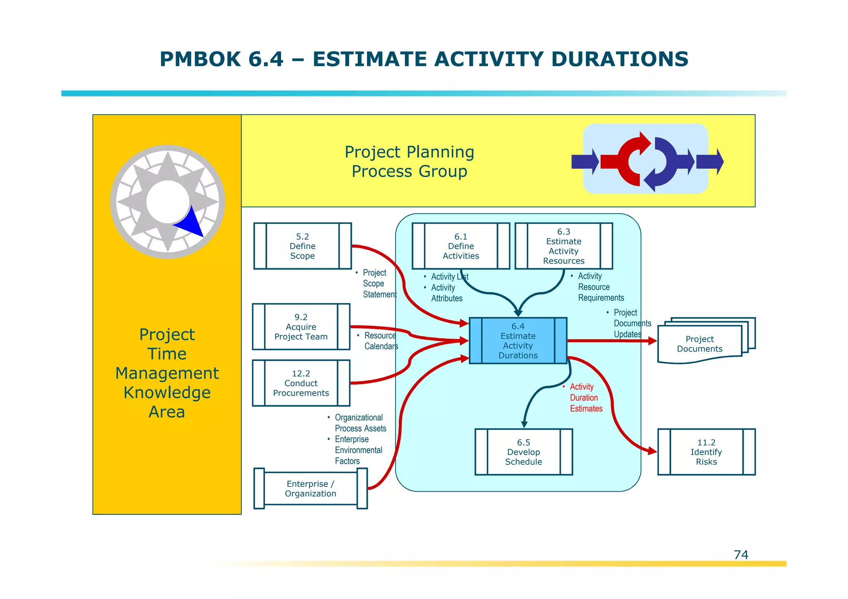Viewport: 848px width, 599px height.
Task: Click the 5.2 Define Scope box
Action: [x=302, y=246]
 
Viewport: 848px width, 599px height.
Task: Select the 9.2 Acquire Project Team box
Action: [x=301, y=327]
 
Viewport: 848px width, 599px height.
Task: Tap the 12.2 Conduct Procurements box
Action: [x=301, y=383]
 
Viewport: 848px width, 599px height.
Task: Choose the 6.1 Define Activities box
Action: [x=461, y=246]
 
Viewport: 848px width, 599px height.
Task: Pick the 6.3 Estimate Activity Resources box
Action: [x=564, y=246]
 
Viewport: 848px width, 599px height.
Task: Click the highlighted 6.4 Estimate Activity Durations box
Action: [x=518, y=341]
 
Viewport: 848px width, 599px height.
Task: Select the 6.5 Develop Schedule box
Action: [x=523, y=452]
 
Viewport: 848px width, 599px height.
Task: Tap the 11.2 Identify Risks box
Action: [x=706, y=452]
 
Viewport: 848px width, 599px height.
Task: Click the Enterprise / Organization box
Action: [x=310, y=488]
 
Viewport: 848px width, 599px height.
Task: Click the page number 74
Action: [x=741, y=555]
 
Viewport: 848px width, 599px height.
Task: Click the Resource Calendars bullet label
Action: [x=380, y=341]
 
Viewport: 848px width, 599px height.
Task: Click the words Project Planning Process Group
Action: [x=409, y=161]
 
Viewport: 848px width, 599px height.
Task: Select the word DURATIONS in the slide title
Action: [x=619, y=59]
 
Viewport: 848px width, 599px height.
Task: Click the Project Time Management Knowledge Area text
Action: [x=167, y=373]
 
